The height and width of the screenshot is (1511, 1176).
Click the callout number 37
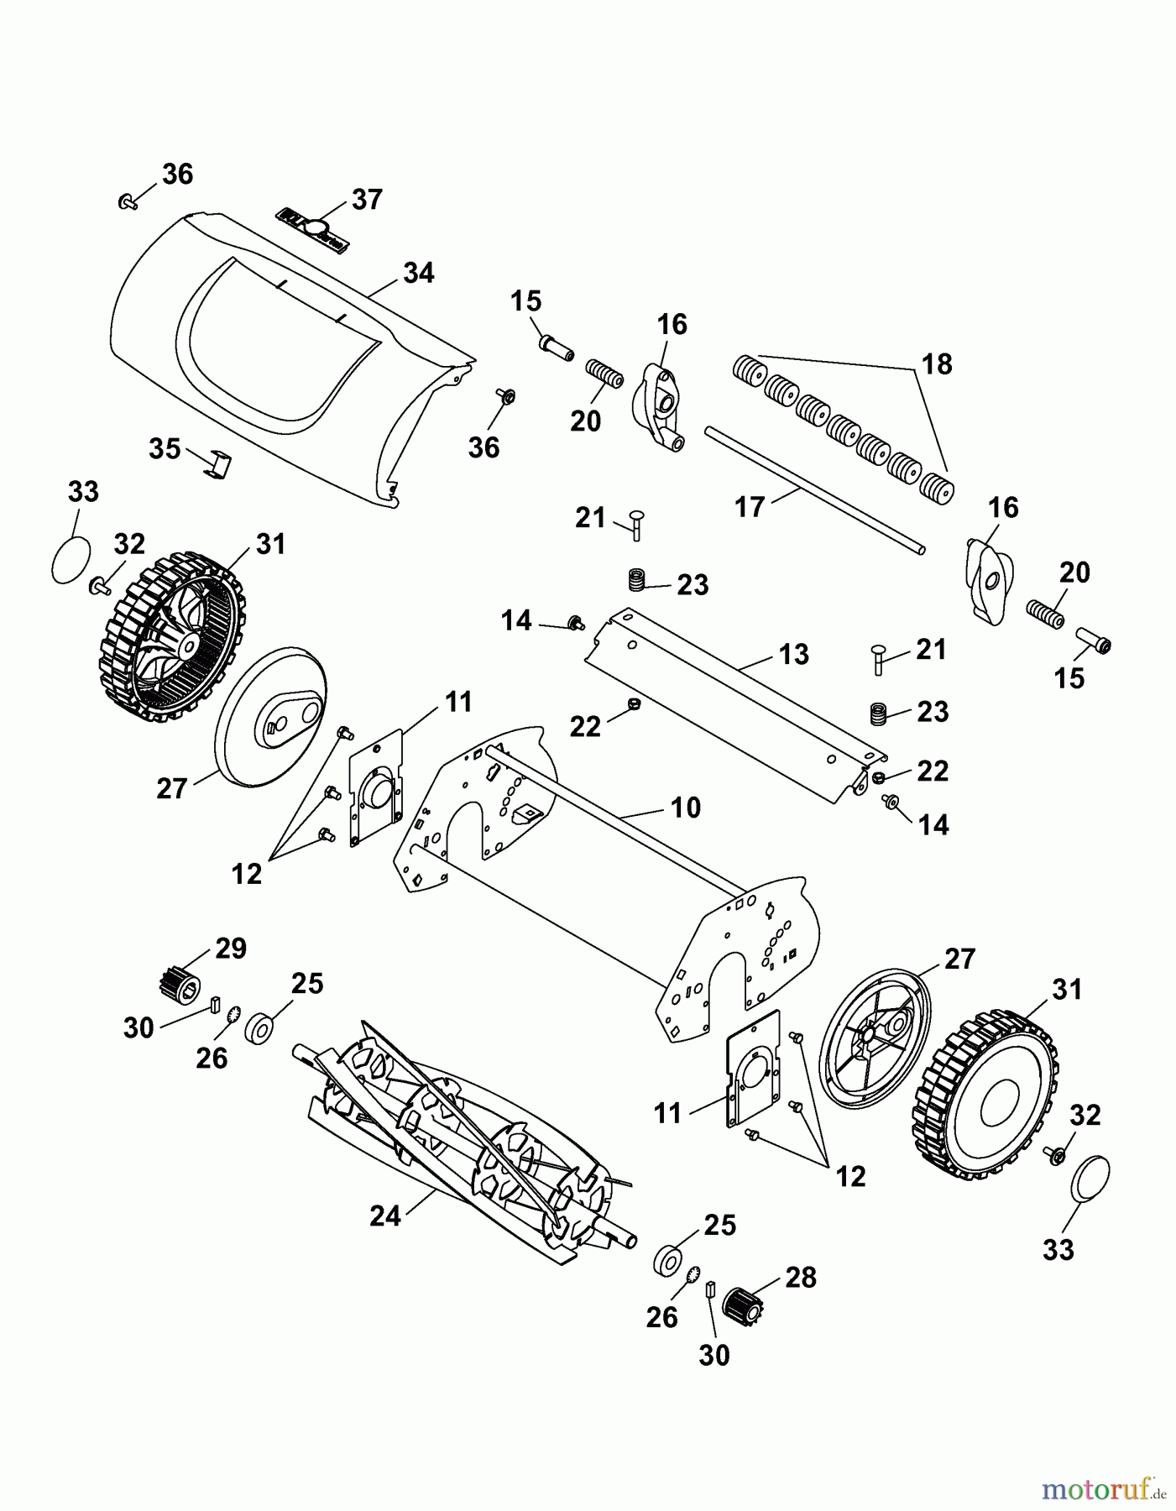pos(367,200)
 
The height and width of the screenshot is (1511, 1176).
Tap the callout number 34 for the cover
pos(418,273)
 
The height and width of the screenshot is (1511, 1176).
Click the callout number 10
pos(685,808)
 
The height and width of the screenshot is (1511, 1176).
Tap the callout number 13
pos(793,654)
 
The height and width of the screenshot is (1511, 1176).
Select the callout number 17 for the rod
pos(750,506)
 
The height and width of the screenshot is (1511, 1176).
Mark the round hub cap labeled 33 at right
pos(1091,1179)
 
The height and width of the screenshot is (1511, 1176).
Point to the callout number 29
pos(230,949)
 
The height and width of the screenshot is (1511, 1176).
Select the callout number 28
pos(800,1277)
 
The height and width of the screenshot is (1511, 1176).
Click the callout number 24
pos(385,1215)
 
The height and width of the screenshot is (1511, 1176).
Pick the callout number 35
pos(165,448)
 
